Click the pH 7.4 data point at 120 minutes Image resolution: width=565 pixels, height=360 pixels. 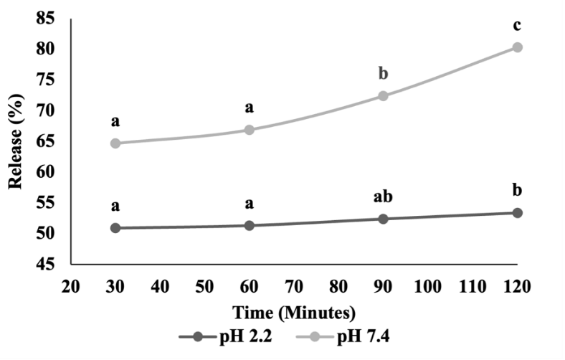pyautogui.click(x=517, y=47)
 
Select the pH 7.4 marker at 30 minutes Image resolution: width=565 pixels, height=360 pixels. pyautogui.click(x=115, y=143)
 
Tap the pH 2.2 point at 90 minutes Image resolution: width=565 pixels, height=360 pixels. pyautogui.click(x=383, y=219)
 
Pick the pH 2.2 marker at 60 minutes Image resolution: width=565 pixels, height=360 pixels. pyautogui.click(x=250, y=225)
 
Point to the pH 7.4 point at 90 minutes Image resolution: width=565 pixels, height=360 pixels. pyautogui.click(x=383, y=95)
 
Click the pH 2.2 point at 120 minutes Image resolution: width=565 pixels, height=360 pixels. pyautogui.click(x=517, y=213)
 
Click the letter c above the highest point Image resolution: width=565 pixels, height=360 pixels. pyautogui.click(x=517, y=27)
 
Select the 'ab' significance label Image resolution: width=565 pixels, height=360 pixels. pyautogui.click(x=383, y=197)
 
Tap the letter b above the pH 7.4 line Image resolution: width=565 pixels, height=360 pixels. pyautogui.click(x=383, y=74)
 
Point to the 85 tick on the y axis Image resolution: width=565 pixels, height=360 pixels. pyautogui.click(x=45, y=19)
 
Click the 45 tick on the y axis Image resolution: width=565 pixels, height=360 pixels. pyautogui.click(x=45, y=265)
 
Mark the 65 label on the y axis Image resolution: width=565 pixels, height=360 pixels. pyautogui.click(x=45, y=141)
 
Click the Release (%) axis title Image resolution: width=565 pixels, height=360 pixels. pyautogui.click(x=16, y=141)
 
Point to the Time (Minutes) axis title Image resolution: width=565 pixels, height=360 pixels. pyautogui.click(x=294, y=313)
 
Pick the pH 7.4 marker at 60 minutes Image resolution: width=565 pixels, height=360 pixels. pyautogui.click(x=250, y=130)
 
